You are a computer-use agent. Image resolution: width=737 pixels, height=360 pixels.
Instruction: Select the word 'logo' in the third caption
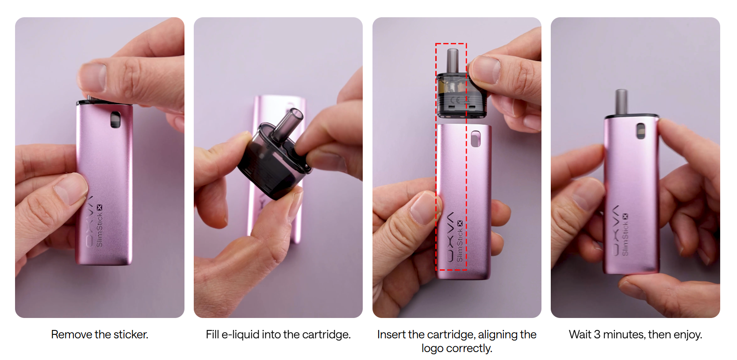coord(432,349)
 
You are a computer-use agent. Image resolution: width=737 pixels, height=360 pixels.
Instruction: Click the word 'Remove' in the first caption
coord(71,334)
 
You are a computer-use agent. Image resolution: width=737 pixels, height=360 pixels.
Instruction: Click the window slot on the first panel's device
coord(115,119)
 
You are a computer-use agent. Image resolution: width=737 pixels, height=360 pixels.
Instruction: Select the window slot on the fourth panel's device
coord(641,131)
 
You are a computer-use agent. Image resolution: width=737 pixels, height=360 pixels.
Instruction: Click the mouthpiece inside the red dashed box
coord(453,61)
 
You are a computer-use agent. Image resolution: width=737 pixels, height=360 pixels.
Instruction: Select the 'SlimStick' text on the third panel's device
coord(460,245)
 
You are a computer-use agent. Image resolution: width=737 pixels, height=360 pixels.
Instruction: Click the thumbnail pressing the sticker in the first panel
coord(93,77)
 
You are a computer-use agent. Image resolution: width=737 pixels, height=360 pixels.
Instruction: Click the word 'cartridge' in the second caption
coord(326,335)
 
